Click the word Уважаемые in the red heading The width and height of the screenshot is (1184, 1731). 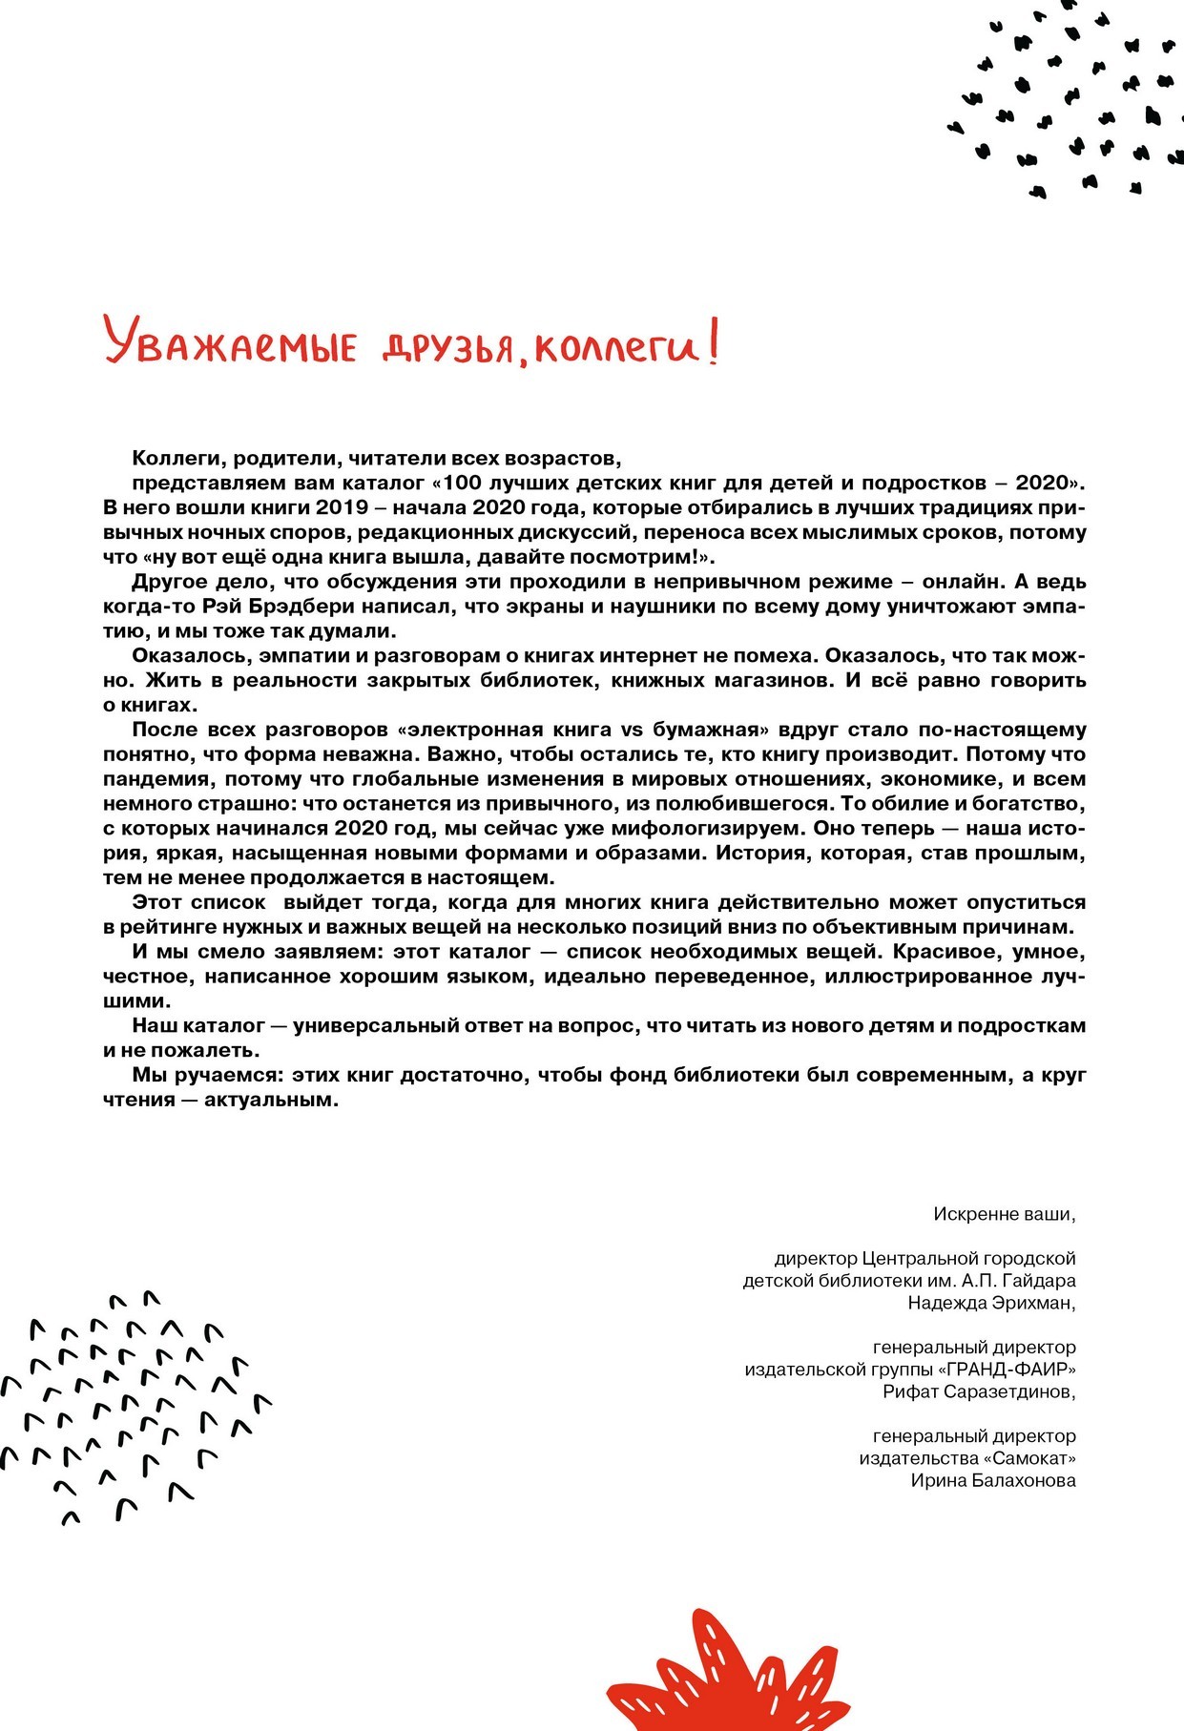coord(229,344)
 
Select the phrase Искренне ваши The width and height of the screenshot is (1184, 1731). coord(1005,1214)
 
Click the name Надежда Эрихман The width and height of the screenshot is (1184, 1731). coord(991,1303)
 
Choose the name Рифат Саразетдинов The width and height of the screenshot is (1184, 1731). coord(979,1391)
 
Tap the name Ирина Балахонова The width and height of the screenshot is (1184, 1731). coord(992,1480)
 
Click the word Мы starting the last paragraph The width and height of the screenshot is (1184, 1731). coord(147,1075)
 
